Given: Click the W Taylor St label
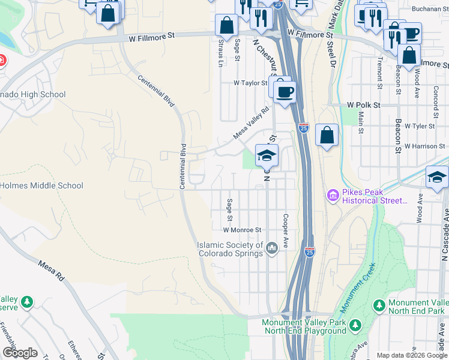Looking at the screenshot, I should click(250, 83).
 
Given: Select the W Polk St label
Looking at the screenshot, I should click(364, 105).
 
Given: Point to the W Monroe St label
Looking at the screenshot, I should click(243, 230).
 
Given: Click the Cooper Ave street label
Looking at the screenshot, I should click(286, 229).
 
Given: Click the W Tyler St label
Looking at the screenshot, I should click(419, 127).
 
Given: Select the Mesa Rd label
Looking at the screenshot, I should click(50, 271).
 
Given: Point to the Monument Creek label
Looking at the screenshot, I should click(358, 288).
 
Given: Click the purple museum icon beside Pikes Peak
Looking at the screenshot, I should click(333, 196).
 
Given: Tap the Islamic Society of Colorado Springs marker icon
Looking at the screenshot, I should click(271, 248).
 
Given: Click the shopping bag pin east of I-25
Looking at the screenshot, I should click(327, 136).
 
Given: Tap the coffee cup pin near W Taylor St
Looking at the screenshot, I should click(285, 91).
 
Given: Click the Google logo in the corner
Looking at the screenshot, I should click(20, 353).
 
